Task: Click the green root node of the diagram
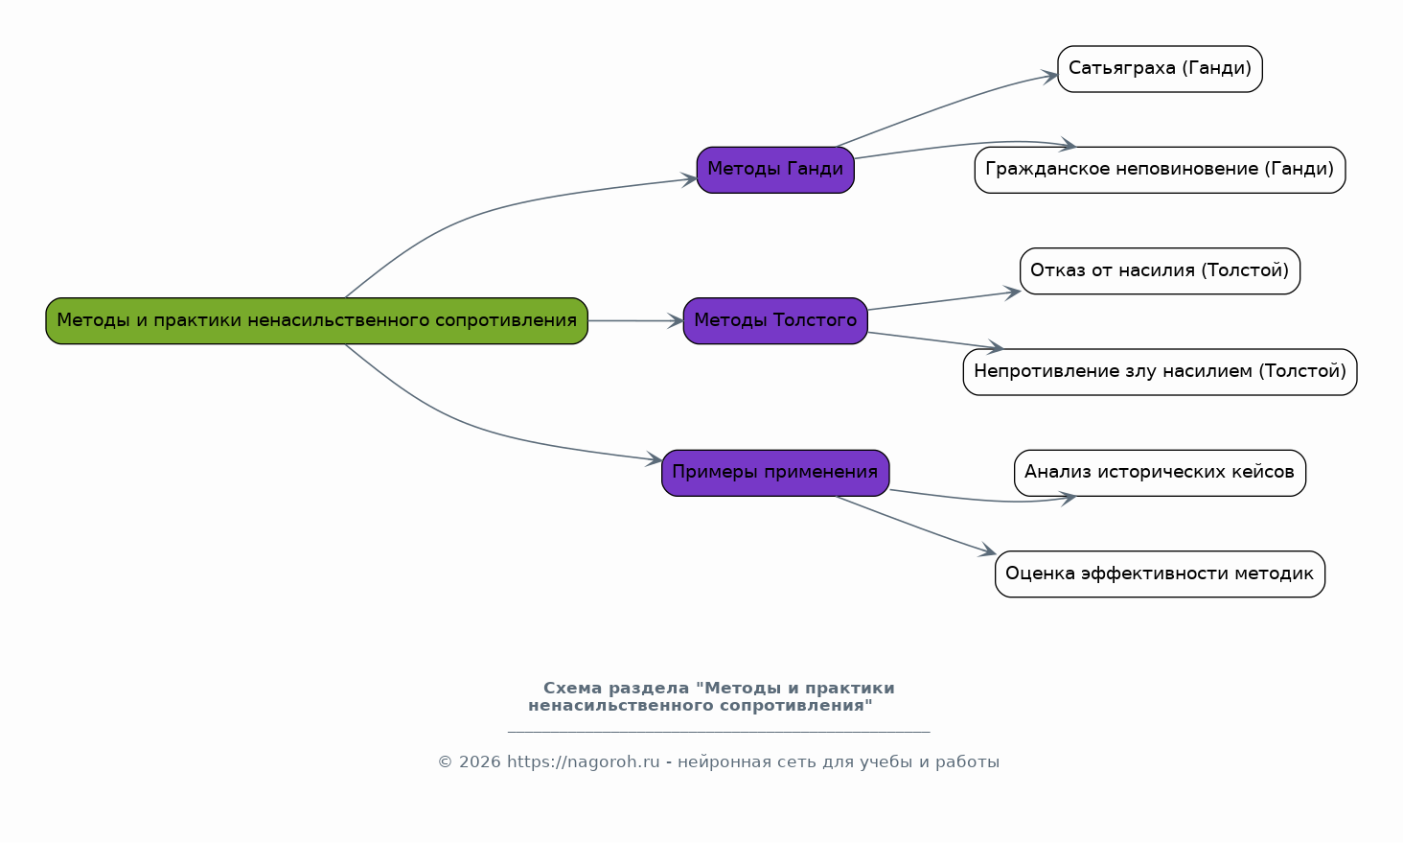pos(317,321)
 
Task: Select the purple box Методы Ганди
pos(775,170)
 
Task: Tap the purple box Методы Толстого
pos(775,321)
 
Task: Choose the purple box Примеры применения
pos(775,473)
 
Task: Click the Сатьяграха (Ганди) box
pos(1160,69)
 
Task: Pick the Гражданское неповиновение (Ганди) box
pos(1160,170)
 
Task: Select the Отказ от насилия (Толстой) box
pos(1160,270)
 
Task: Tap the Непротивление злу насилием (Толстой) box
pos(1160,372)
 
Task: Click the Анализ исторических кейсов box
pos(1160,473)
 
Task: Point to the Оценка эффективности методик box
pos(1160,574)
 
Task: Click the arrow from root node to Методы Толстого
pos(635,321)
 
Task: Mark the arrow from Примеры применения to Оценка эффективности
pos(916,526)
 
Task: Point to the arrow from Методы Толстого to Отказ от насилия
pos(945,300)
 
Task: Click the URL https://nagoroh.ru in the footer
pos(583,762)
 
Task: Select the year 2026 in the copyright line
pos(480,762)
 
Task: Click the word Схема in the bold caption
pos(572,689)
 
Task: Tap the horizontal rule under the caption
pos(719,732)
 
